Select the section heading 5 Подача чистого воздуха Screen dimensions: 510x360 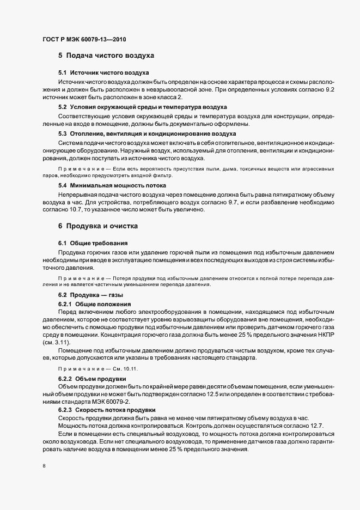pyautogui.click(x=106, y=56)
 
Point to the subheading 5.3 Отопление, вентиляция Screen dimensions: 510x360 pyautogui.click(x=147, y=133)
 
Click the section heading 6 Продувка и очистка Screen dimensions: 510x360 pyautogui.click(x=98, y=226)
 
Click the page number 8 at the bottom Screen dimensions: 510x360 pyautogui.click(x=44, y=466)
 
